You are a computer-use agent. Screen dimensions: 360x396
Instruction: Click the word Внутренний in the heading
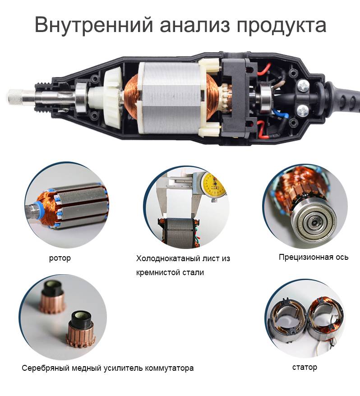click(x=94, y=24)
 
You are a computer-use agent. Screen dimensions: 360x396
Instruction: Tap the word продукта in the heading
click(x=281, y=26)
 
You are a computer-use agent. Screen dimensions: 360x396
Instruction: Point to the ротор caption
click(x=60, y=258)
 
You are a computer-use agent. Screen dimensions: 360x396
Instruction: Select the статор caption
click(x=305, y=367)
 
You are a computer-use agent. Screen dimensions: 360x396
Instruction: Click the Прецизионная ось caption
click(x=314, y=257)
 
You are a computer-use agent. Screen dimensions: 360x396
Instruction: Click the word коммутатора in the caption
click(x=169, y=368)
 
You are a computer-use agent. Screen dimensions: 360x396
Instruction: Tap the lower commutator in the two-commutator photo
click(x=80, y=329)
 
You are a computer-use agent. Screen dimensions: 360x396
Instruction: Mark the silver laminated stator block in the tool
click(x=171, y=98)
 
